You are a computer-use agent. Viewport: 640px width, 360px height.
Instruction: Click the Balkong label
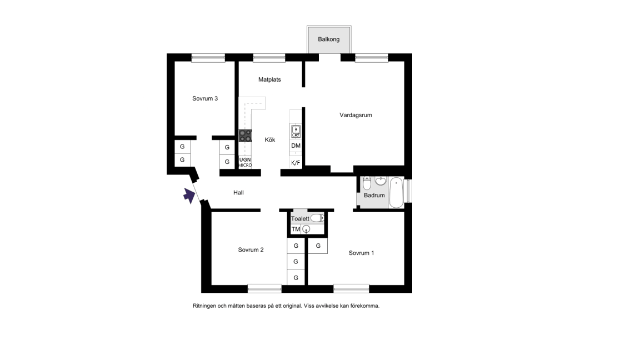328,39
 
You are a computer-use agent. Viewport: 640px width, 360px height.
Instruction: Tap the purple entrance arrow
189,196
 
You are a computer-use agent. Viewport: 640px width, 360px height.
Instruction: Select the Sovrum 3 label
205,98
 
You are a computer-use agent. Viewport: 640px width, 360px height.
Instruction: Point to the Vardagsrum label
356,115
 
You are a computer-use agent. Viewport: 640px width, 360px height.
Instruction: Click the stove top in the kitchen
246,136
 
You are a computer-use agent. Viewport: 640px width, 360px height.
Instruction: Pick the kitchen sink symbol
296,132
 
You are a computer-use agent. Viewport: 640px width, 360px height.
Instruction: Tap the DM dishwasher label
296,146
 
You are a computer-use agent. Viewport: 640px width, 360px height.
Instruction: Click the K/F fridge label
296,163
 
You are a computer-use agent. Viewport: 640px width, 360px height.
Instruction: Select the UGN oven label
245,159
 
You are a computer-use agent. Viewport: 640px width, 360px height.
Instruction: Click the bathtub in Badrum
396,192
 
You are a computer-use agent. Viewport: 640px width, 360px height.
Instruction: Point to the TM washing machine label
296,229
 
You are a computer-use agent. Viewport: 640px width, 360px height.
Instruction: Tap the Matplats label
269,79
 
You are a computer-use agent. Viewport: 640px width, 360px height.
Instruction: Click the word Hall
238,193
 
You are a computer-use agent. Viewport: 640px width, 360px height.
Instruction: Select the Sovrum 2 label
251,250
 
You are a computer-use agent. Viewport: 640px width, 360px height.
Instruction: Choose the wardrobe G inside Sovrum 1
318,246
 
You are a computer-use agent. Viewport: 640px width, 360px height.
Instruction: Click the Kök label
270,139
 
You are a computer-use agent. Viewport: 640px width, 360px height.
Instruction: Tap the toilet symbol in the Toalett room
317,218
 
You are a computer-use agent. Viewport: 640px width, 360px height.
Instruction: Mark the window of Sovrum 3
208,58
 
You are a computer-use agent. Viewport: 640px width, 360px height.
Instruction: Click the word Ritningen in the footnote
204,306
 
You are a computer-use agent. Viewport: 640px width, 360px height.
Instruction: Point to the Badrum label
374,195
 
